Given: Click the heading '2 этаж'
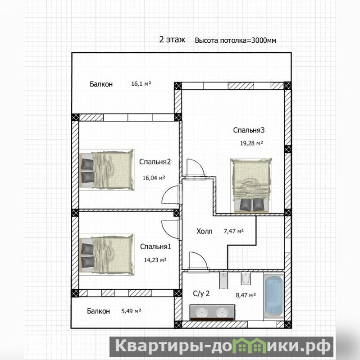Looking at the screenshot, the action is tap(172, 40).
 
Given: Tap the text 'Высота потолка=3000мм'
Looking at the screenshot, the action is tap(235, 41).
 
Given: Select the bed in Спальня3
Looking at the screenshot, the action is tap(251, 185).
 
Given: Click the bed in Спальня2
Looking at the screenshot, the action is tap(106, 170).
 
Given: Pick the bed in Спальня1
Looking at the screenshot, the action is tap(106, 255).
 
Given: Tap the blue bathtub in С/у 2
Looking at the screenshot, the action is tap(274, 296).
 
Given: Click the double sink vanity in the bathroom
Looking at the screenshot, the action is tap(212, 313).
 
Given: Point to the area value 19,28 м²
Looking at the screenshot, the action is tap(251, 143).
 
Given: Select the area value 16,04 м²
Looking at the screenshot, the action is tap(154, 178).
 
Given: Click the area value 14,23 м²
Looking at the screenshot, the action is tap(155, 260).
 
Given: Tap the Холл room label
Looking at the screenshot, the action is tap(205, 231).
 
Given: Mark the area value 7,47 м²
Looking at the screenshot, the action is tap(233, 231).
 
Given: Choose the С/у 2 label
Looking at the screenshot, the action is tap(201, 294).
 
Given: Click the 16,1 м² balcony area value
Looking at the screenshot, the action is tap(141, 83).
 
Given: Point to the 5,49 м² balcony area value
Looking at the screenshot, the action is tap(131, 311).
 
